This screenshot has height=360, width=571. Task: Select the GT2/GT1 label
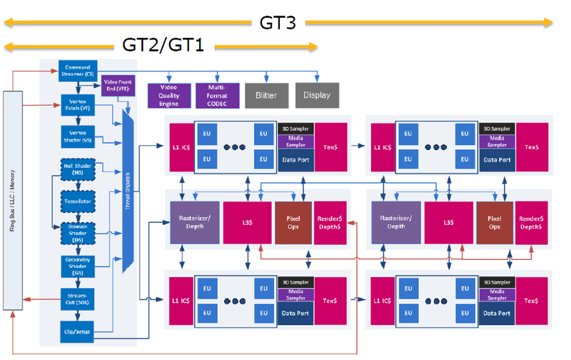[x=163, y=46]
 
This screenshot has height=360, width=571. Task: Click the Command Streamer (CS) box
[x=78, y=70]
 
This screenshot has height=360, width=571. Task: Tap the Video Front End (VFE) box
[x=118, y=86]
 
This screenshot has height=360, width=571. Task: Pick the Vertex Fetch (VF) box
[x=78, y=106]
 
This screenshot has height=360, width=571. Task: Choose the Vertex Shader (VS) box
[x=78, y=137]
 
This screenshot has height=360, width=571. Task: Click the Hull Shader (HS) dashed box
[x=78, y=170]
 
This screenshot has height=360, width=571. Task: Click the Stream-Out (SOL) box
[x=78, y=299]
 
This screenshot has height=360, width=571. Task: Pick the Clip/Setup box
[x=78, y=330]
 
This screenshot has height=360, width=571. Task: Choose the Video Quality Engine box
[x=168, y=95]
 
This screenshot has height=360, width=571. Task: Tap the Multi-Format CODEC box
[x=216, y=95]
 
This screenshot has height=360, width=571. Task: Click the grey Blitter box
[x=266, y=95]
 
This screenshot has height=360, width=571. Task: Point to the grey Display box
[x=317, y=95]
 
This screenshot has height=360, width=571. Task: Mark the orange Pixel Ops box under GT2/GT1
[x=293, y=222]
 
